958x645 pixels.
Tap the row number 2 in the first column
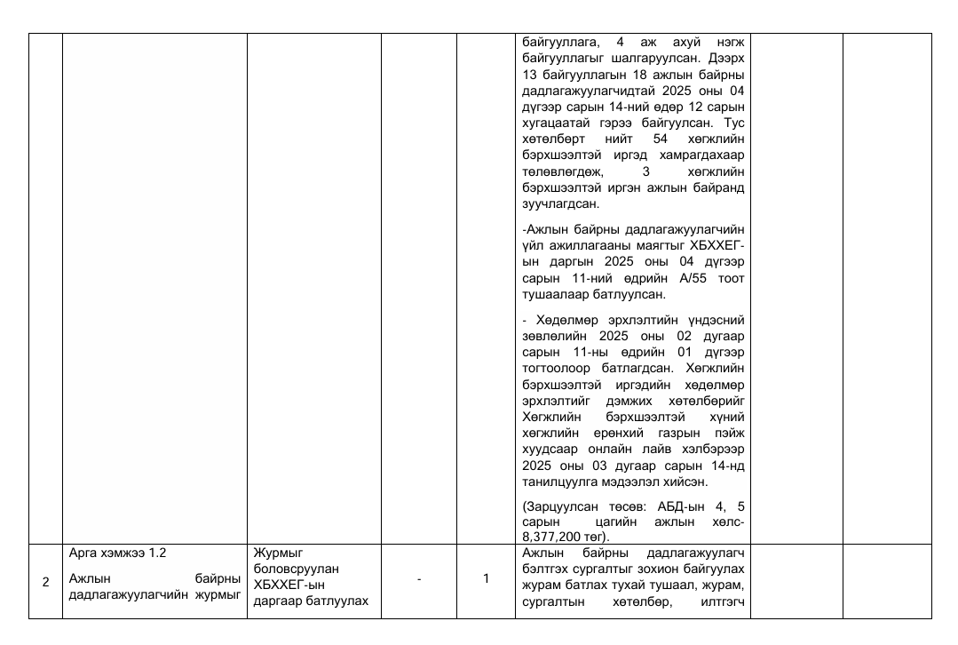point(45,582)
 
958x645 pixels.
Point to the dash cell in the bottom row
point(419,579)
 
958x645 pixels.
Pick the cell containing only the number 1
point(486,579)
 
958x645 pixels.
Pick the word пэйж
point(730,435)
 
